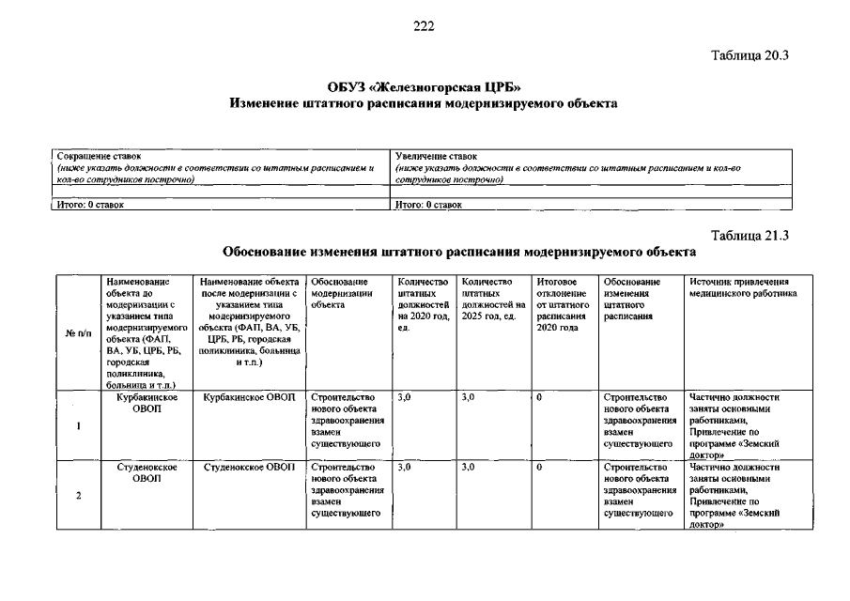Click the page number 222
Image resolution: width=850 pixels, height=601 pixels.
coord(424,25)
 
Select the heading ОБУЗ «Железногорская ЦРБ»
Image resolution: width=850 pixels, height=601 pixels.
coord(425,86)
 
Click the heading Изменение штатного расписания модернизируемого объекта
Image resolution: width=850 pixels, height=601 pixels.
coord(425,103)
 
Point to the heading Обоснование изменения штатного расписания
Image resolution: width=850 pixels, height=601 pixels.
coord(458,253)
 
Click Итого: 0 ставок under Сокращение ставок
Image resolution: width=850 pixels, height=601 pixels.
coord(91,203)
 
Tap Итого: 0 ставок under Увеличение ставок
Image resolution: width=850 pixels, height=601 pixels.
coord(429,203)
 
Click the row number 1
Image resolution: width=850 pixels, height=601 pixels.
coord(78,425)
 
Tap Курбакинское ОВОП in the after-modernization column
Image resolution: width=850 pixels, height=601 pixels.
coord(250,397)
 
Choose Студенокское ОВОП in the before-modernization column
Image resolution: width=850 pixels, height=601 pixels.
coord(147,472)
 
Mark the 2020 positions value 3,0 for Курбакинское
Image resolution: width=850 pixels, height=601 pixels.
coord(405,397)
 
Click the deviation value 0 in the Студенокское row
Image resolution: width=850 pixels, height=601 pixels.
coord(540,467)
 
